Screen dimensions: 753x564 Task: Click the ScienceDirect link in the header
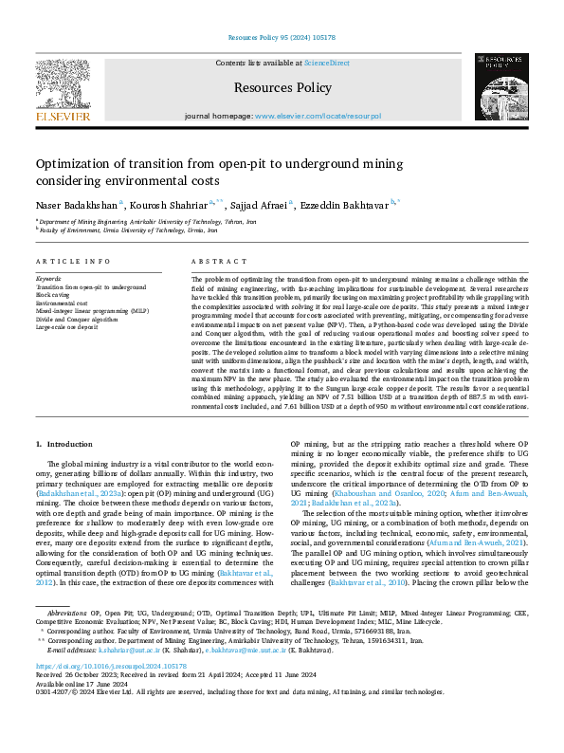325,62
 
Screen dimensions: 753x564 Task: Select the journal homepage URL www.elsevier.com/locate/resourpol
318,116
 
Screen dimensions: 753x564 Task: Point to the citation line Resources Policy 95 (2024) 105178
282,39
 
